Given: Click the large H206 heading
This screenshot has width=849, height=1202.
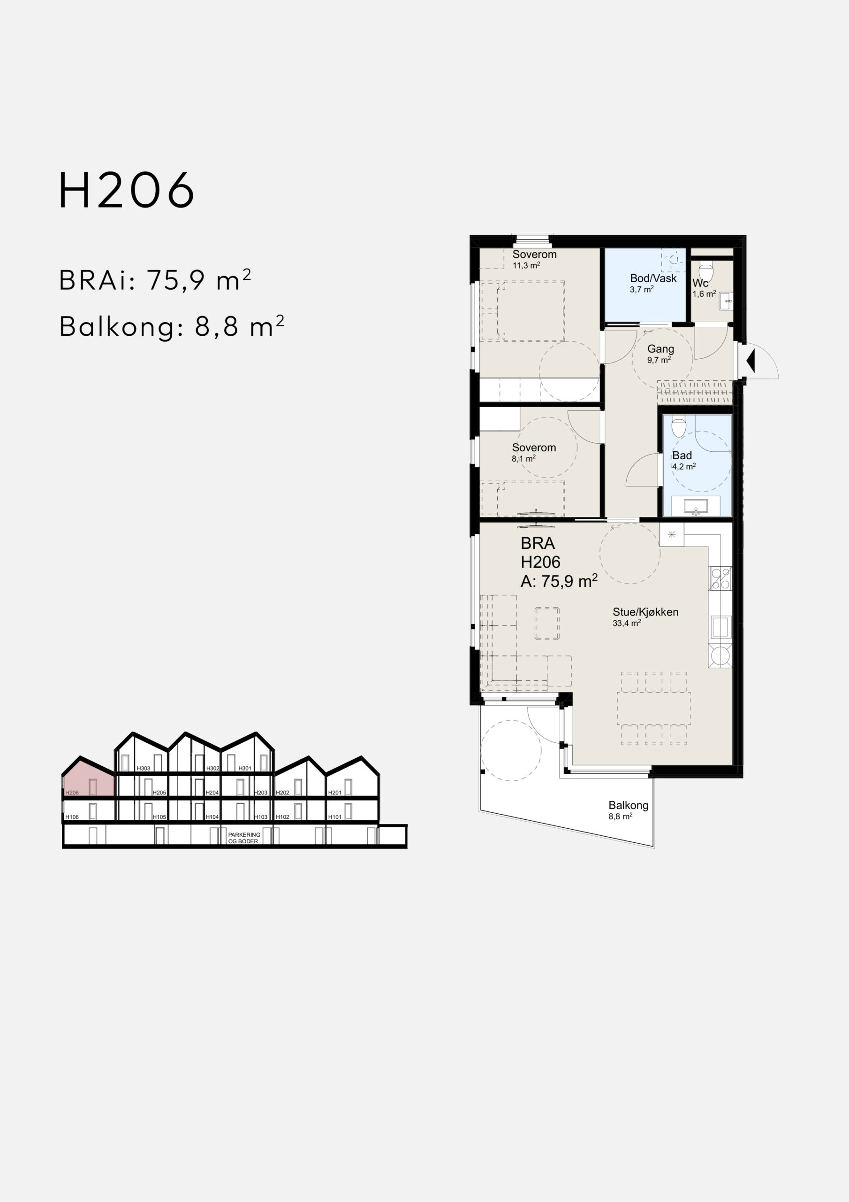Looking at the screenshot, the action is pos(127,190).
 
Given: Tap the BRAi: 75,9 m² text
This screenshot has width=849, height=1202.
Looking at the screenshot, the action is pos(155,280).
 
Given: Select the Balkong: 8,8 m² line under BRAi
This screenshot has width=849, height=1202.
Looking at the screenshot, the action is pos(172,326).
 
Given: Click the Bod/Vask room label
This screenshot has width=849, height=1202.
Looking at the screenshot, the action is pos(653,278).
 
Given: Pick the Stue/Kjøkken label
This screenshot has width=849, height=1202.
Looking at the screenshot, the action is pos(645,612).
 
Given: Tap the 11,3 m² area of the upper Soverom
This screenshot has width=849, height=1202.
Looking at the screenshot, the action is pos(526,265).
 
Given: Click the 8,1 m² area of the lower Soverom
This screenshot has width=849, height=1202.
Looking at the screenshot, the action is pos(523,459).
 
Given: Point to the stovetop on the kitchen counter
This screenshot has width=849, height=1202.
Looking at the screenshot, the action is pos(720,578).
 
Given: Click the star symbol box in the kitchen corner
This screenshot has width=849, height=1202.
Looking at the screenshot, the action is pos(672,534).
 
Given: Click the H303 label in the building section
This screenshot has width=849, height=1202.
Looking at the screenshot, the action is pos(144,769).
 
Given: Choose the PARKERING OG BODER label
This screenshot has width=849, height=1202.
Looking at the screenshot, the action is pos(244,838).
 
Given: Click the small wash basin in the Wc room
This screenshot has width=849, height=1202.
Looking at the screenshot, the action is pos(726,300).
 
